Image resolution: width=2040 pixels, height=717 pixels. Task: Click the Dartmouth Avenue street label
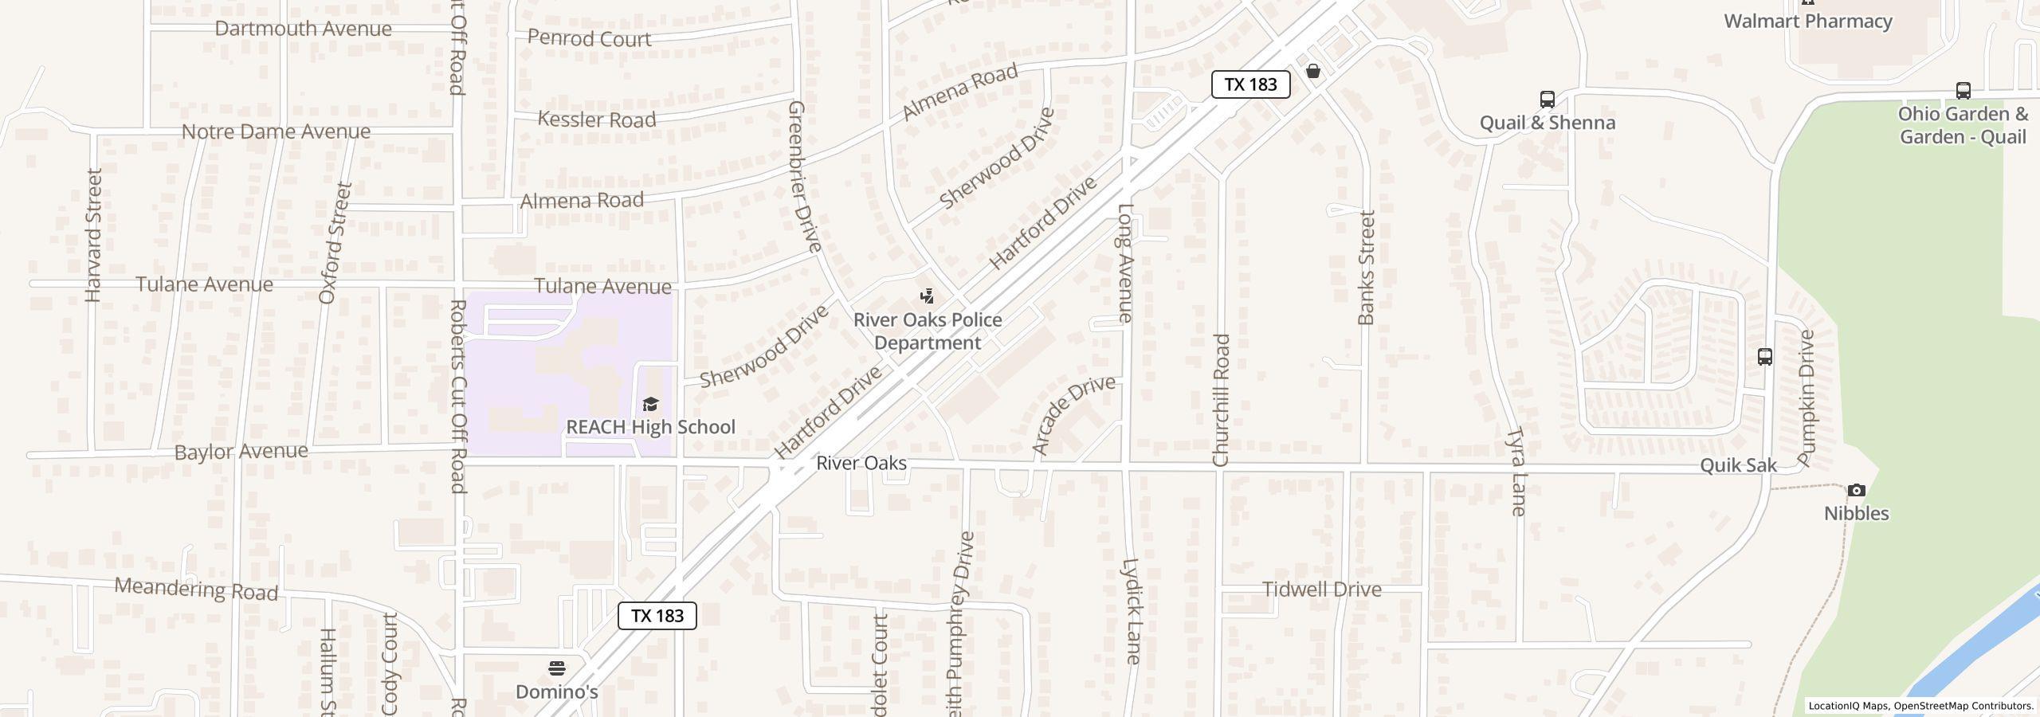point(303,29)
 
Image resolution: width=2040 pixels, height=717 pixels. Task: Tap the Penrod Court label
point(589,38)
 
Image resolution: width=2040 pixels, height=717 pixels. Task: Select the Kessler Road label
point(596,119)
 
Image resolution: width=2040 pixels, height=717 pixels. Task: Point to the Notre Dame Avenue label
point(276,131)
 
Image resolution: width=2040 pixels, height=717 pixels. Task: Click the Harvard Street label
point(93,235)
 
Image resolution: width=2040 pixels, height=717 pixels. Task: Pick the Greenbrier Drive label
point(804,176)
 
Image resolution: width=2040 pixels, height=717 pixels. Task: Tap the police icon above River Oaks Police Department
point(927,297)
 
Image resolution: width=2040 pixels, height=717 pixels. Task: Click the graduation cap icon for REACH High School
point(650,405)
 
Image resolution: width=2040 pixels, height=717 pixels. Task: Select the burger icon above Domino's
point(556,668)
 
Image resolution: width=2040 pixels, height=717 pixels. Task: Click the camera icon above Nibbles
point(1856,490)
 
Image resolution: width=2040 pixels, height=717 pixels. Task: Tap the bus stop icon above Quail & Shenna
point(1547,100)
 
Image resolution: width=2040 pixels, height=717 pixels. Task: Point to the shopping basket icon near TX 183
point(1313,72)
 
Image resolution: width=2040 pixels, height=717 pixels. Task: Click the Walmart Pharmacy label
point(1807,22)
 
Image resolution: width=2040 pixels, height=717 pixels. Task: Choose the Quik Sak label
point(1738,465)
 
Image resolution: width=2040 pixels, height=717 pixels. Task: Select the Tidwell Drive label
point(1322,590)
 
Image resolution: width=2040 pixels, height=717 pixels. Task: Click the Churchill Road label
point(1221,400)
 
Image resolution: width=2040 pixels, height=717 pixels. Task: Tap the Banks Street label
point(1367,268)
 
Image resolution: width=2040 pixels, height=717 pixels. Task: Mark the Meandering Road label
point(196,590)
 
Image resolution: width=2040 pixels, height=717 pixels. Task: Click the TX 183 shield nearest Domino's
point(657,616)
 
